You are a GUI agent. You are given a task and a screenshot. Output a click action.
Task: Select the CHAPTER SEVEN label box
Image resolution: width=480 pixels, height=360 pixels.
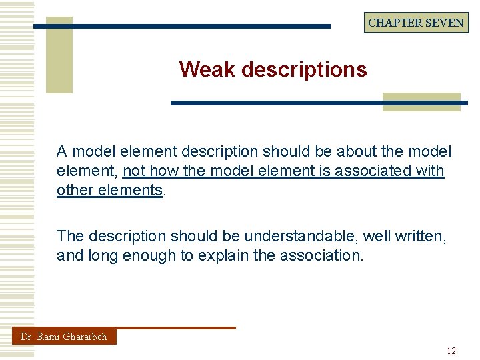[416, 22]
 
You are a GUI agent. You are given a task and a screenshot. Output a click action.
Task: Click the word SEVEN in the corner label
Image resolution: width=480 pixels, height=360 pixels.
[444, 22]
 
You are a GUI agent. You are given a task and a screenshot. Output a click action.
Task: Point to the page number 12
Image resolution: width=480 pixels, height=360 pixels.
[451, 351]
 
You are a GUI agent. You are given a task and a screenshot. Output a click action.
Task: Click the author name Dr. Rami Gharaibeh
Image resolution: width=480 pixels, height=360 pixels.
[64, 337]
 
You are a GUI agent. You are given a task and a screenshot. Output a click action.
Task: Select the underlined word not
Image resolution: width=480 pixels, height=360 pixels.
[135, 171]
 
